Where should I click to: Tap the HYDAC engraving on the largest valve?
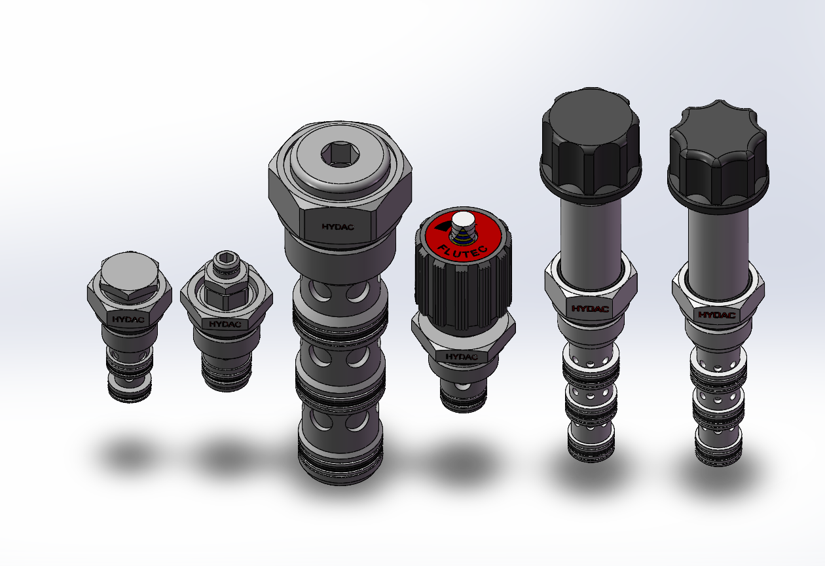click(338, 227)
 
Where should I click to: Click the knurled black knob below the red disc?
click(464, 288)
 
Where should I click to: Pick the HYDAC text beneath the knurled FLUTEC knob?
click(462, 356)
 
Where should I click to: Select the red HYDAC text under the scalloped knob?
click(717, 315)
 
